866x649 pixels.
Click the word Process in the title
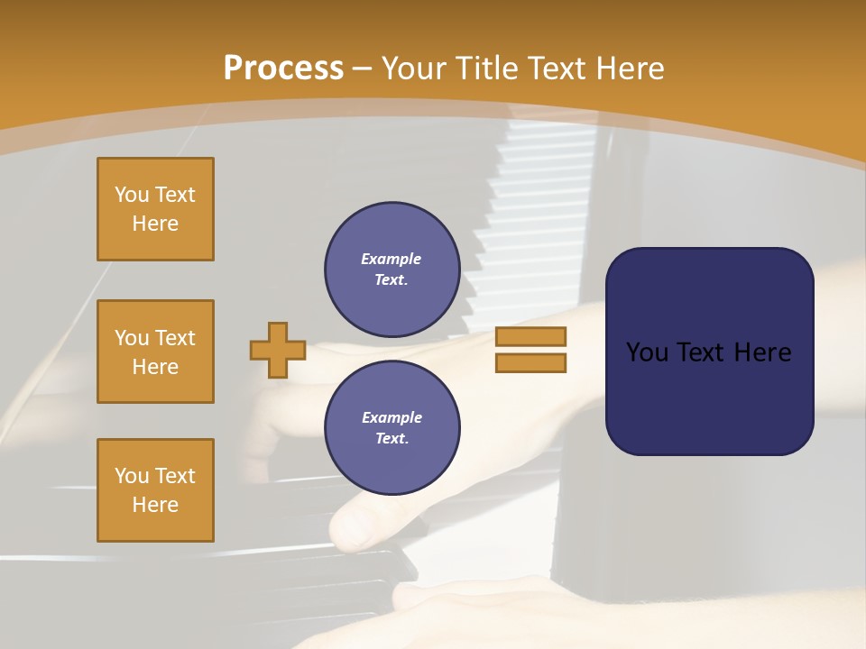click(x=283, y=69)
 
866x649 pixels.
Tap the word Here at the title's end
click(x=628, y=69)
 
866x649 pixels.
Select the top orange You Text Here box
click(x=155, y=209)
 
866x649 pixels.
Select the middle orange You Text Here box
click(x=155, y=352)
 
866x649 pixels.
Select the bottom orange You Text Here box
click(x=155, y=490)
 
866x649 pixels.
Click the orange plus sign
click(x=278, y=350)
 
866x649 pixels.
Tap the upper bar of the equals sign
click(x=530, y=336)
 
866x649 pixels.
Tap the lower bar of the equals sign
click(x=530, y=362)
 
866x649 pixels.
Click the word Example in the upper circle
click(x=391, y=259)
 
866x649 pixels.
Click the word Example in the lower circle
click(x=392, y=417)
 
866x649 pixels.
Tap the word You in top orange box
click(x=132, y=195)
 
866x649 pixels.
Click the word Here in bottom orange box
click(x=155, y=505)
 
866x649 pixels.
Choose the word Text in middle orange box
click(x=175, y=338)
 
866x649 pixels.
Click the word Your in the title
click(x=412, y=69)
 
